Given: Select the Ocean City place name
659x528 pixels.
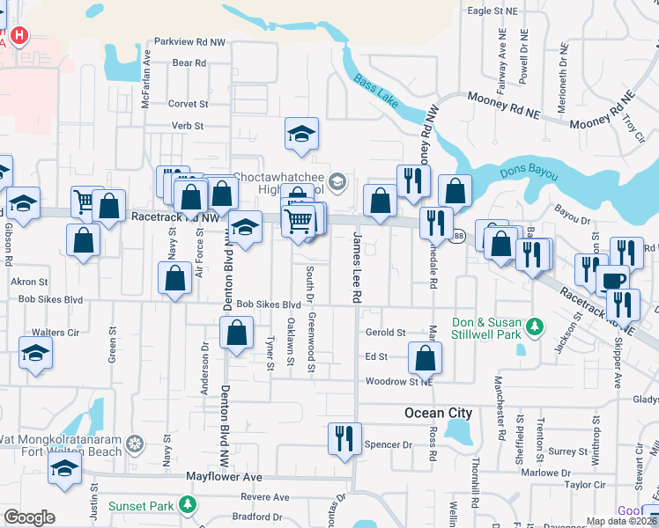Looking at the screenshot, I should [438, 413].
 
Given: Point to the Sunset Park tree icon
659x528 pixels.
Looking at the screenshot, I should [187, 505].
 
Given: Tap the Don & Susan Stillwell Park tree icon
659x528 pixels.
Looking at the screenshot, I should [534, 328].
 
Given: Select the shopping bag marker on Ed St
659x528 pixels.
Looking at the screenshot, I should [426, 358].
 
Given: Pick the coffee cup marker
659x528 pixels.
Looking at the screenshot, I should [612, 282].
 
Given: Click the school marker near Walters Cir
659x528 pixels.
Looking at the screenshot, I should [35, 354].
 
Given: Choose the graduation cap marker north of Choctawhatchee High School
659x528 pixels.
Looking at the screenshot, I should [301, 135].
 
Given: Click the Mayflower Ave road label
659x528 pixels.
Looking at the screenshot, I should [224, 476].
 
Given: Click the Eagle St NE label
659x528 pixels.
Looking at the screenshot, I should [493, 11].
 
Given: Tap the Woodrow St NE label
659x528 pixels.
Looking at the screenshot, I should [399, 382].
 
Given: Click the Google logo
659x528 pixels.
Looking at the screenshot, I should [29, 517].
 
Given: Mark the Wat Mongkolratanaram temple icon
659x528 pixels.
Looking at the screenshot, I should [134, 442].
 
